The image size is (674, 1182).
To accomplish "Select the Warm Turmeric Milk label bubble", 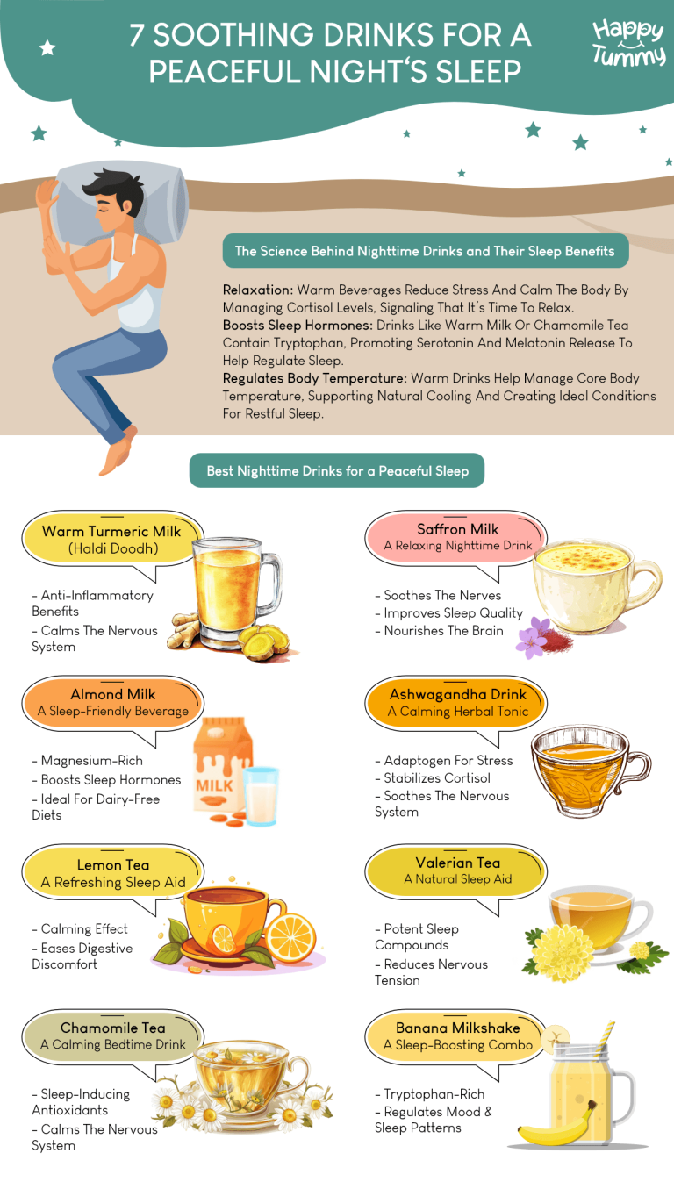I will [x=111, y=540].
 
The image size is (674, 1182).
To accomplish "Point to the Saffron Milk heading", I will [x=458, y=529].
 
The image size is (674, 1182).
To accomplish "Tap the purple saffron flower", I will [x=532, y=638].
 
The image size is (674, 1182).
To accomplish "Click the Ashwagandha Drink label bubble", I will [x=458, y=702].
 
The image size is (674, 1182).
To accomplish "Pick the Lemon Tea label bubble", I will [x=113, y=873].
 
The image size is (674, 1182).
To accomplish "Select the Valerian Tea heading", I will [x=458, y=863].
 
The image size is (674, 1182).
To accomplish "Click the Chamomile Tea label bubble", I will [x=112, y=1035].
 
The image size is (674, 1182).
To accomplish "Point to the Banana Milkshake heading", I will [x=458, y=1028].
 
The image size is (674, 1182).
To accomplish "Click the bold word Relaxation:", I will [x=258, y=290].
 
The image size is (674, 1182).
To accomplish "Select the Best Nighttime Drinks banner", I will [x=337, y=471].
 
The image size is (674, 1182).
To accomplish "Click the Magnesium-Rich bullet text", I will [x=92, y=761].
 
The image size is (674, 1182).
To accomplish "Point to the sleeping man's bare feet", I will [x=118, y=452].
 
